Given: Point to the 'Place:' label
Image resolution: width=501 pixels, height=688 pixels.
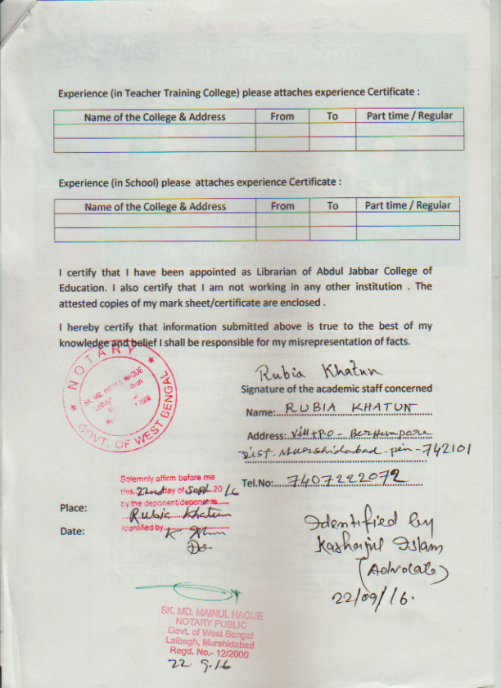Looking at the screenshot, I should [73, 508].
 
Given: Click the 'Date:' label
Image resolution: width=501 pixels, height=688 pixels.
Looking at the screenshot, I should [72, 531].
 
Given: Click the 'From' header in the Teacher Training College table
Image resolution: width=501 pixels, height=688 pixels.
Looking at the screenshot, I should [282, 116].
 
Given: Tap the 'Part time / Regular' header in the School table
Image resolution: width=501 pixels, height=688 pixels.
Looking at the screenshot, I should [408, 205].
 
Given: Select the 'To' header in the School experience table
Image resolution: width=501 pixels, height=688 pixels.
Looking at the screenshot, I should [332, 205].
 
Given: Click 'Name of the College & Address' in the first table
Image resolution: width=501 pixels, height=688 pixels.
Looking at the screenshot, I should [155, 117].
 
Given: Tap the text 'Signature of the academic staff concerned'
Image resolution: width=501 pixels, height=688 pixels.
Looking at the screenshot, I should [336, 389].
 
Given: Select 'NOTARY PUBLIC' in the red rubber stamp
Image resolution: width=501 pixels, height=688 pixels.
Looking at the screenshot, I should [212, 624].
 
